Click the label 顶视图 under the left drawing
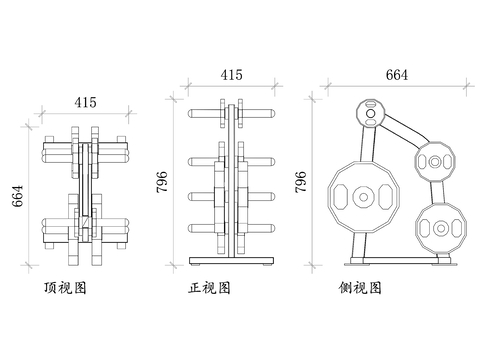pyautogui.click(x=65, y=288)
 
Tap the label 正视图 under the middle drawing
pyautogui.click(x=209, y=288)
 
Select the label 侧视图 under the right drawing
pyautogui.click(x=360, y=288)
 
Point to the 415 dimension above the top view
pyautogui.click(x=86, y=102)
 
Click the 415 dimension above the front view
pyautogui.click(x=231, y=75)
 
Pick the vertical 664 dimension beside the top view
pyautogui.click(x=18, y=196)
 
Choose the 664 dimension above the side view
pyautogui.click(x=397, y=75)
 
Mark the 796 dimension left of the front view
pyautogui.click(x=162, y=182)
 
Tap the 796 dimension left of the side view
pyautogui.click(x=301, y=182)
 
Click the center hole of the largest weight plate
pyautogui.click(x=364, y=197)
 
